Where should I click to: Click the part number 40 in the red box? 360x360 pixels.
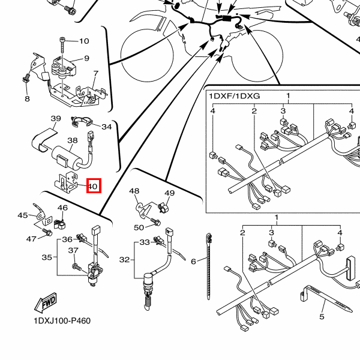[93, 187]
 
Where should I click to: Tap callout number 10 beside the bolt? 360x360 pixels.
[83, 41]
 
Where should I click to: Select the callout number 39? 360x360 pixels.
[56, 119]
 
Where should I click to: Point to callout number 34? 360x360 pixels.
[107, 127]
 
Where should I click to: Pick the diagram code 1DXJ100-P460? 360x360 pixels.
[62, 320]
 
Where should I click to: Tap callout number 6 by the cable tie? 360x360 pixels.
[193, 262]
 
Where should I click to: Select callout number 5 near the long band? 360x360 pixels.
[322, 316]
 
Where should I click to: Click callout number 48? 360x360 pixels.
[134, 191]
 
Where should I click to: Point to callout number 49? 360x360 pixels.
[169, 193]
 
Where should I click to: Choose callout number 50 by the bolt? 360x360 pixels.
[139, 227]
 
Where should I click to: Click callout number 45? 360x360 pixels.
[23, 215]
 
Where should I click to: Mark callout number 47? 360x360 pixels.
[31, 239]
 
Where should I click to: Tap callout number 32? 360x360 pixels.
[124, 260]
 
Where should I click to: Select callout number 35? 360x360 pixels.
[47, 257]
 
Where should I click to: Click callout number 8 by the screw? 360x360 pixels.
[26, 98]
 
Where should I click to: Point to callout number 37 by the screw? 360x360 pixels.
[73, 251]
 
